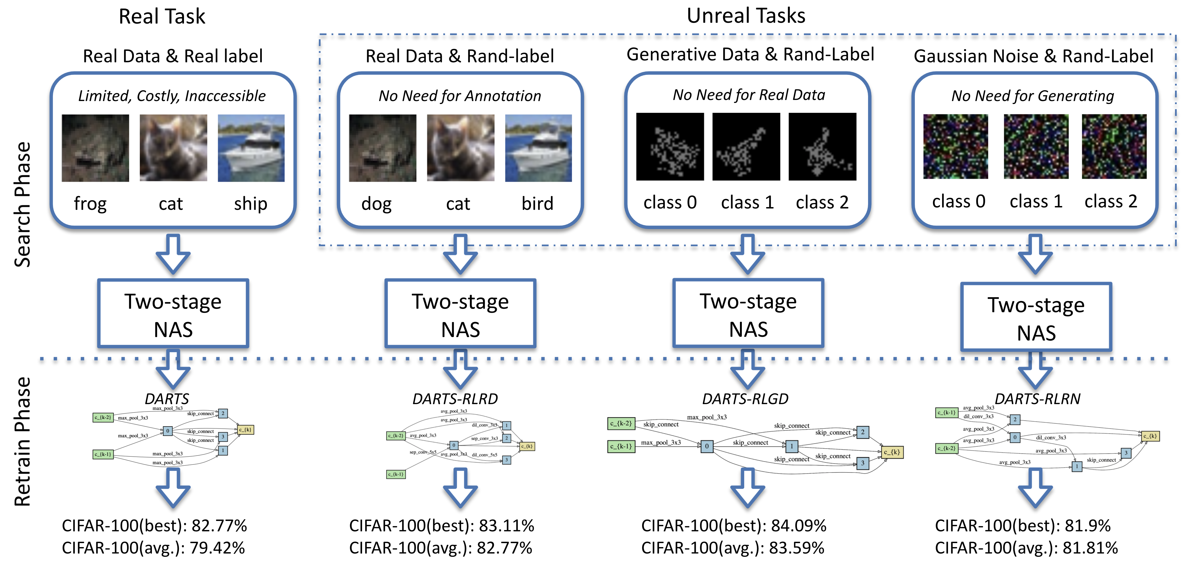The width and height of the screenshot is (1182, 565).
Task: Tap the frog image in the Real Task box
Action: (95, 148)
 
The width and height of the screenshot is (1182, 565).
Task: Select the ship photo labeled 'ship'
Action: (251, 148)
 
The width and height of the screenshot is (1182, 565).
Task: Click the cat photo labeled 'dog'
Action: (383, 148)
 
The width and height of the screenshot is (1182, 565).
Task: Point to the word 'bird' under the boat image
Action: (537, 203)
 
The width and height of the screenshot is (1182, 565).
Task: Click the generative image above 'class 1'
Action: (746, 147)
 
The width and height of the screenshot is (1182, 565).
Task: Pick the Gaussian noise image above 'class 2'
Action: (1114, 147)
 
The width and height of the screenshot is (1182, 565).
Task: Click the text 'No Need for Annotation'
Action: (460, 96)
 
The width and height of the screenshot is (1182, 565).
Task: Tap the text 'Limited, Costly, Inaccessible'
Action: (172, 96)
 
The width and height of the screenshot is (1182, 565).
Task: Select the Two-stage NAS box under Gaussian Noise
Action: (1036, 317)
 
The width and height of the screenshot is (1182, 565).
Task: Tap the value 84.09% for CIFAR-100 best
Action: (799, 525)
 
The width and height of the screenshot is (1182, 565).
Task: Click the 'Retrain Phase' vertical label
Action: (22, 441)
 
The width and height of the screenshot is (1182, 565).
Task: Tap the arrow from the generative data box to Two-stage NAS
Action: (747, 254)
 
